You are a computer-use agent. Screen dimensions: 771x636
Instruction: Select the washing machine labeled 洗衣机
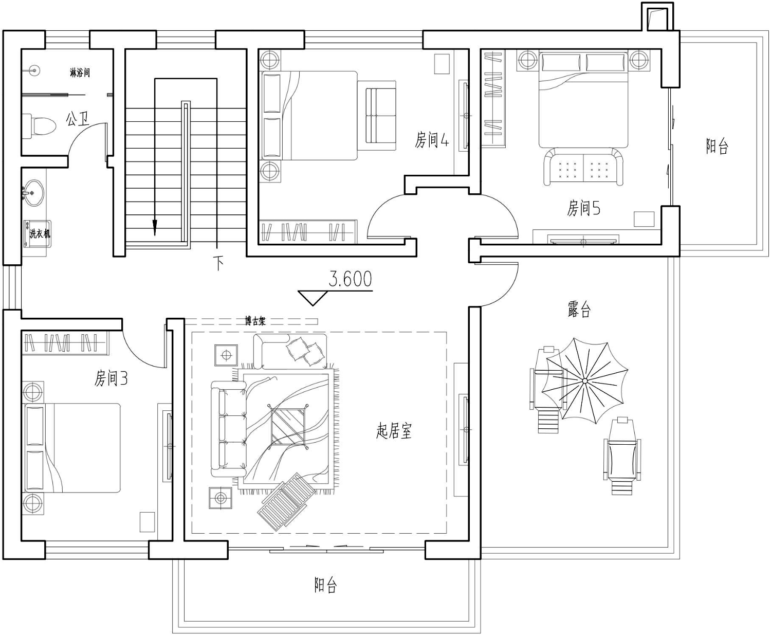tap(38, 233)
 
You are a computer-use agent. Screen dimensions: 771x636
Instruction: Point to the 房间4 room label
tap(432, 140)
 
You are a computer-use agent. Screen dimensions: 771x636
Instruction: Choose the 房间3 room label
tap(111, 378)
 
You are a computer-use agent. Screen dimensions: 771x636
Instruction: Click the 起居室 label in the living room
tap(394, 431)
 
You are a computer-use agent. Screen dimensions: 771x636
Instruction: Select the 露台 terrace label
tap(579, 309)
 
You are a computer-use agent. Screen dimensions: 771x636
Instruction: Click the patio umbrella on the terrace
tap(584, 381)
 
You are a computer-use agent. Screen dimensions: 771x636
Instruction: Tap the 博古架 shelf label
tap(255, 321)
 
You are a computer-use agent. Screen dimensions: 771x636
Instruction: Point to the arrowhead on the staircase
tap(155, 227)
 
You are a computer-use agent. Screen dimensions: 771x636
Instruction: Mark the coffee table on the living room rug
tap(288, 427)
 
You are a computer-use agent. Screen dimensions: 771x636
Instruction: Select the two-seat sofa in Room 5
tap(583, 167)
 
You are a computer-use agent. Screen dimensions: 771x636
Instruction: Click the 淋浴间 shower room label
tap(80, 72)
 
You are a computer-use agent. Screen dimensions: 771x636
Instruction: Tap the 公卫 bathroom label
tap(77, 119)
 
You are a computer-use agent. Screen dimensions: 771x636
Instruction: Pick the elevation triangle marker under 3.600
tap(313, 298)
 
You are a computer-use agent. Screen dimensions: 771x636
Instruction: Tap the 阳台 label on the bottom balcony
tap(325, 585)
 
